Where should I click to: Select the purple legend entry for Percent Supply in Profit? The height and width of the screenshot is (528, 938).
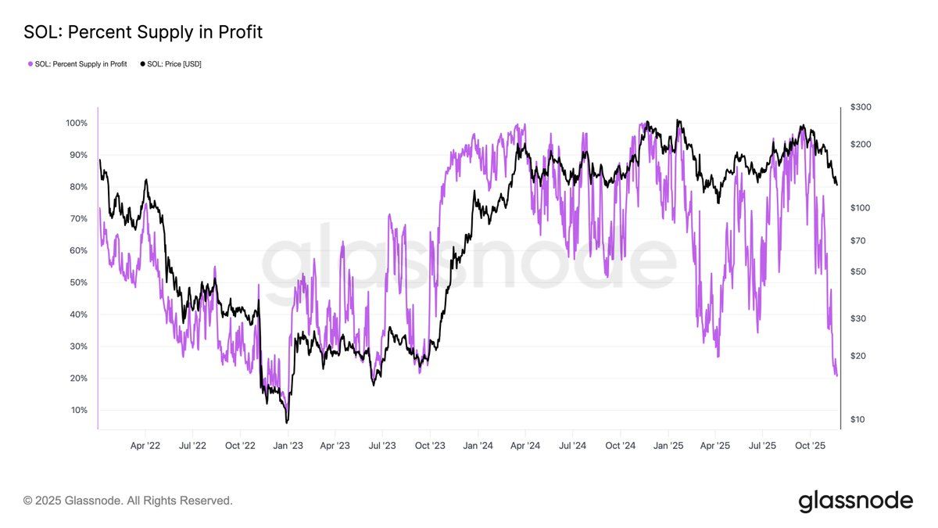coord(79,64)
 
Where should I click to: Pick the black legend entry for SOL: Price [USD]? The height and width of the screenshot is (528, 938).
coord(170,64)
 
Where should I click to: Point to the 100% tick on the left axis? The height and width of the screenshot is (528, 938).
coord(77,124)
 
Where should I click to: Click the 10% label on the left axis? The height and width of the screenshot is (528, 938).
coord(79,410)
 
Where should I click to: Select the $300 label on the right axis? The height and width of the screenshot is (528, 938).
coord(860,107)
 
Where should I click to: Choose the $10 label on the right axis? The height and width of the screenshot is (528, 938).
coord(857,420)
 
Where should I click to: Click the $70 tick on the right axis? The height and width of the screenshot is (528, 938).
coord(857,241)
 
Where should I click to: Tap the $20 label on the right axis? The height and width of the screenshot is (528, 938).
coord(857,356)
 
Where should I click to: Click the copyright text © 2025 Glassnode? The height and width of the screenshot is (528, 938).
coord(128,500)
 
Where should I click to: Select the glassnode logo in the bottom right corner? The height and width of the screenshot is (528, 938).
coord(855,501)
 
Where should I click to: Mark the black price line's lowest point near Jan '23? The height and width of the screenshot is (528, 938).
coord(287,422)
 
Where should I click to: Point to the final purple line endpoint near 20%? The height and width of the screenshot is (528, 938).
coord(837,376)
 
